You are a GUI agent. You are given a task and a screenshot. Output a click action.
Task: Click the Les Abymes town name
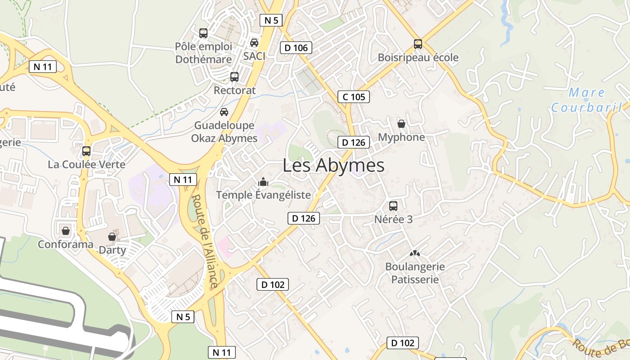pyautogui.click(x=333, y=166)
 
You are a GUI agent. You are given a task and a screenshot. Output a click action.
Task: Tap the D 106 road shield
pyautogui.click(x=296, y=48)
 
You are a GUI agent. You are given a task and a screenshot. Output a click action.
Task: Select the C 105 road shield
pyautogui.click(x=354, y=97)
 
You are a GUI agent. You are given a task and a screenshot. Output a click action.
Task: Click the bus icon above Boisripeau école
pyautogui.click(x=418, y=44)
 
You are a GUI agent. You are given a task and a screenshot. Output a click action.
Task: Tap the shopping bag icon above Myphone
pyautogui.click(x=401, y=124)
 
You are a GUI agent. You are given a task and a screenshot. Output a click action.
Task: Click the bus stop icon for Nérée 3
pyautogui.click(x=393, y=206)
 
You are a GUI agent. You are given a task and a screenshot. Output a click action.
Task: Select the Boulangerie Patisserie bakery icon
pyautogui.click(x=414, y=253)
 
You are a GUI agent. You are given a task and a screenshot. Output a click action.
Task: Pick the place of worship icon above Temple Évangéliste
pyautogui.click(x=263, y=182)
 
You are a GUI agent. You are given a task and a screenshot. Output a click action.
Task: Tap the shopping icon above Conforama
pyautogui.click(x=66, y=231)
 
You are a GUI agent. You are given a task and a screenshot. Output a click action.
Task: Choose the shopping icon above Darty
pyautogui.click(x=112, y=236)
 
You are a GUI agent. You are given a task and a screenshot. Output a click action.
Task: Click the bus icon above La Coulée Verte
pyautogui.click(x=86, y=151)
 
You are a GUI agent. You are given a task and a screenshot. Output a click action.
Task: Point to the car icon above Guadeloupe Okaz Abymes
pyautogui.click(x=224, y=112)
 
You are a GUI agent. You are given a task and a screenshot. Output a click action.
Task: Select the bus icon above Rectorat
pyautogui.click(x=234, y=76)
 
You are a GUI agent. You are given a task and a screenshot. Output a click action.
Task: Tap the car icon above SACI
pyautogui.click(x=254, y=43)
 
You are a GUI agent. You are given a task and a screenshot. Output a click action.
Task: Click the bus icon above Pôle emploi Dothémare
pyautogui.click(x=203, y=33)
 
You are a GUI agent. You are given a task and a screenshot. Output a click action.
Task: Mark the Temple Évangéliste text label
pyautogui.click(x=263, y=195)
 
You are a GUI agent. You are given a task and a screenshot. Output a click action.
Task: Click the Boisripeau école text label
pyautogui.click(x=418, y=58)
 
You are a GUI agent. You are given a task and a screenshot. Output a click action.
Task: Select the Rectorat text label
pyautogui.click(x=234, y=90)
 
